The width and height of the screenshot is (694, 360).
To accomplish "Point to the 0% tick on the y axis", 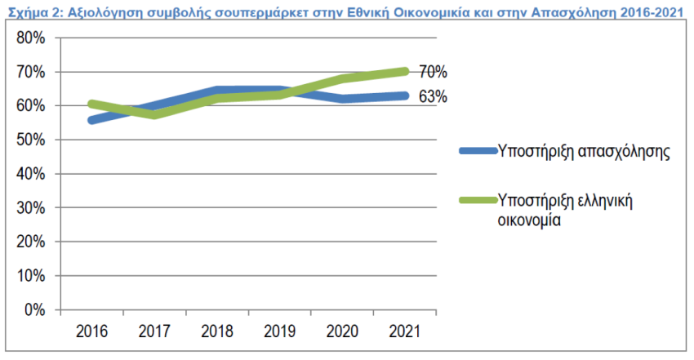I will [34, 310].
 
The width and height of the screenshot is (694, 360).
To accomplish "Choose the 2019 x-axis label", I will [279, 331].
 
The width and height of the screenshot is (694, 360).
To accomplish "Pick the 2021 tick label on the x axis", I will [405, 331].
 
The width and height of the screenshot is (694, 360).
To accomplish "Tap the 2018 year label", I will [216, 331].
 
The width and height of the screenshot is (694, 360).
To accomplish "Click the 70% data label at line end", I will [434, 72].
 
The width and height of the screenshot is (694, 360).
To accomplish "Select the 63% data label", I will [434, 96].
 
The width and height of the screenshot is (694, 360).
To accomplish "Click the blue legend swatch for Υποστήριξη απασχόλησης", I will [478, 152].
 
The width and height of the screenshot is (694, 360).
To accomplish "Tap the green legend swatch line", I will [478, 200].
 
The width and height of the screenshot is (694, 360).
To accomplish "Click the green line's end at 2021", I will [405, 71].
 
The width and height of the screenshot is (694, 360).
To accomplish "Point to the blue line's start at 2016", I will [91, 120].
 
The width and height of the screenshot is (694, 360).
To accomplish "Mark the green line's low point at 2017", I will [154, 114].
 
